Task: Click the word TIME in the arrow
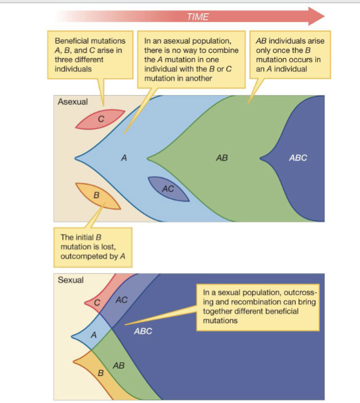(198, 17)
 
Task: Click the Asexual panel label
(73, 102)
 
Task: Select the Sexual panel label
(70, 280)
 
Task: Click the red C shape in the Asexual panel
(100, 119)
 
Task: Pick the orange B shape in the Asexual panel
(97, 195)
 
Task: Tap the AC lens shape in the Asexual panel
(168, 189)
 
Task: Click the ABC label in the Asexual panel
(298, 158)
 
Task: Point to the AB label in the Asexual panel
(222, 158)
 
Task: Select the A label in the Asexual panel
(124, 158)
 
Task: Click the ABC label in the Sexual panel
(143, 331)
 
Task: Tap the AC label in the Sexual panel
(122, 300)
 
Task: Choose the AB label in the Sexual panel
(118, 365)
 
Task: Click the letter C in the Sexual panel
(97, 302)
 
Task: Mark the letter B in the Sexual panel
(100, 373)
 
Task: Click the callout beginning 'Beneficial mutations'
(90, 55)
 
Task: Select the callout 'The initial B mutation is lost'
(92, 247)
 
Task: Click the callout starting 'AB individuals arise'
(288, 55)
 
